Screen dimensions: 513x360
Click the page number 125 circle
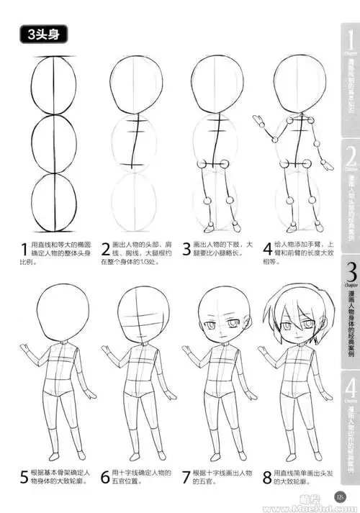pos(341,496)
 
